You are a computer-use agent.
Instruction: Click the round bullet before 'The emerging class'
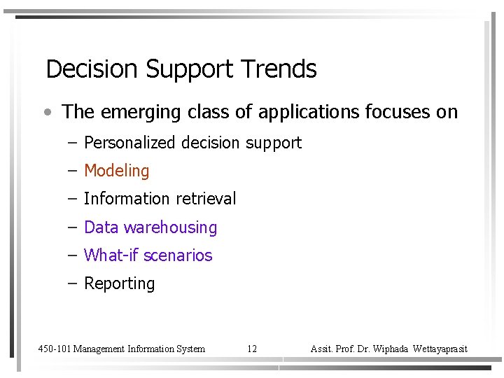46,112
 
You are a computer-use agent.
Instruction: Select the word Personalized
129,143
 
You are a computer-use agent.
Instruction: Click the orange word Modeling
117,171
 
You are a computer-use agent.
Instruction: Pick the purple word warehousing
171,228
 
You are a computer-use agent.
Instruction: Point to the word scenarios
178,255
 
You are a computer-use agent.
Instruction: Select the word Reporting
119,284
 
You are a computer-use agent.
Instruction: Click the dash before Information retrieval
73,199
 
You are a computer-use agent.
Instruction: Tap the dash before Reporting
73,283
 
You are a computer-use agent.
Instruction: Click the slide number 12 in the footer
252,349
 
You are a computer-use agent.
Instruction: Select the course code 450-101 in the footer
54,349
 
